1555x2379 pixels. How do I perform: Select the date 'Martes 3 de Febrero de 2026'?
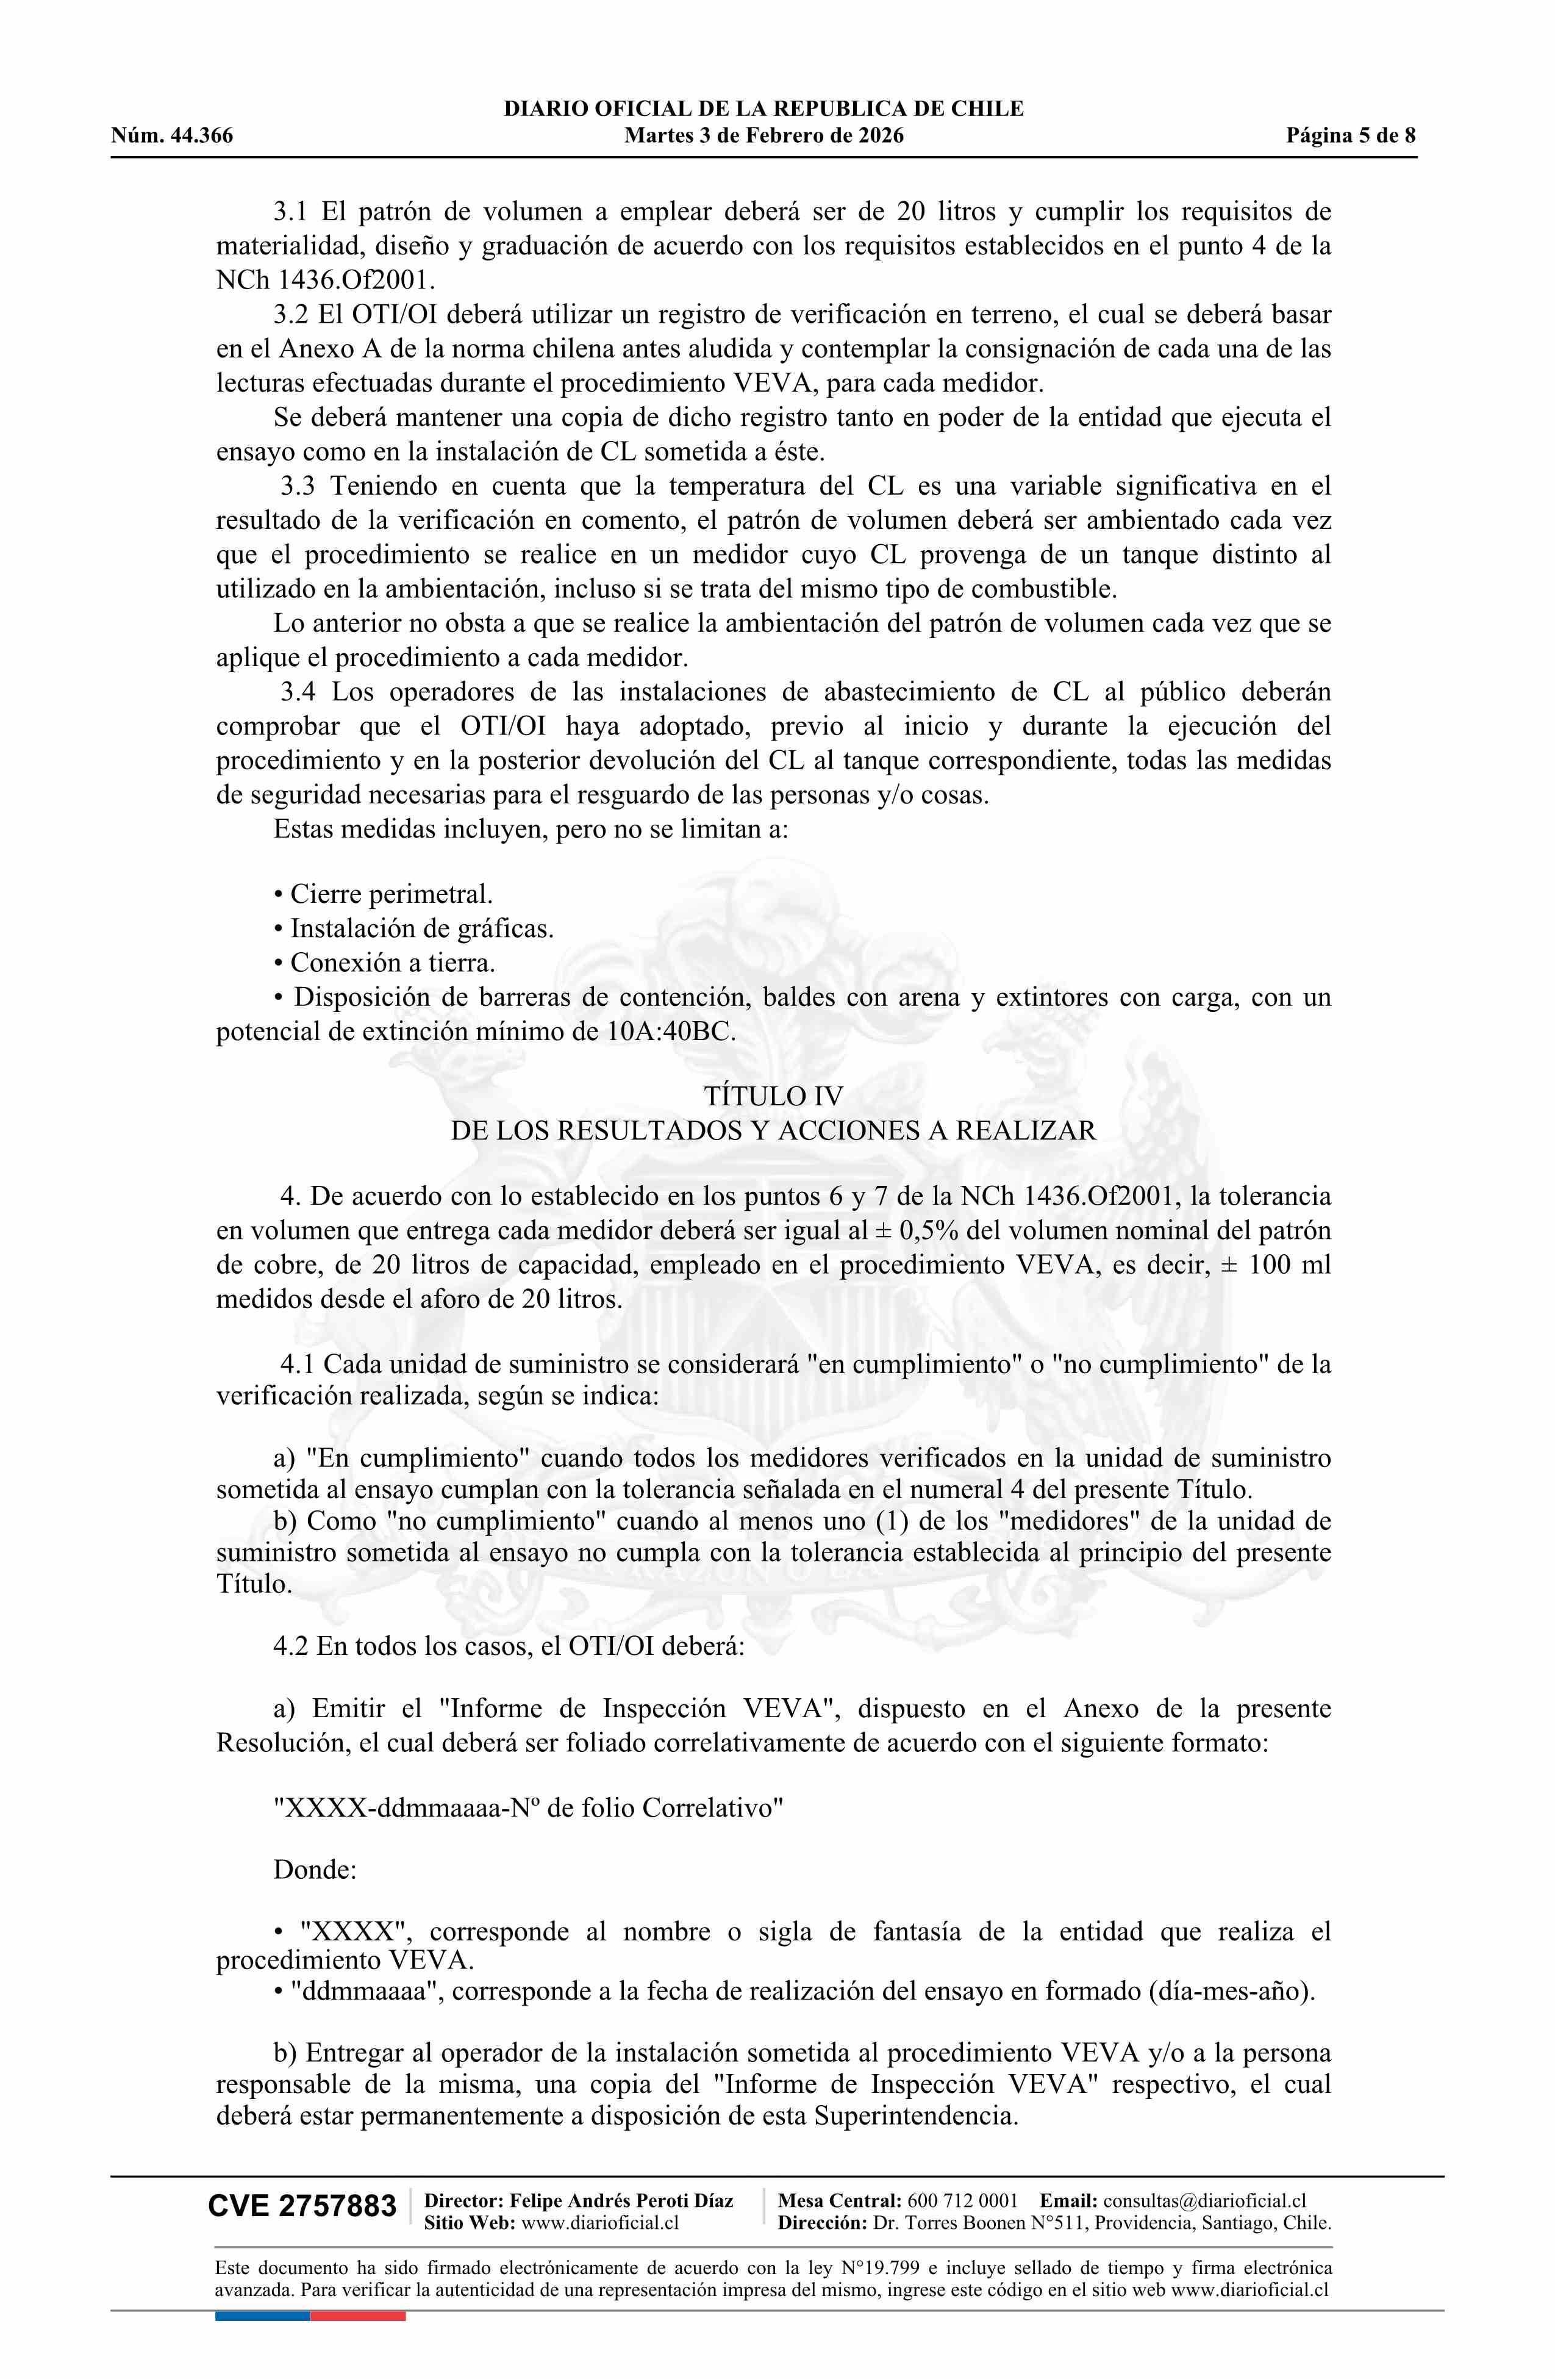pyautogui.click(x=763, y=136)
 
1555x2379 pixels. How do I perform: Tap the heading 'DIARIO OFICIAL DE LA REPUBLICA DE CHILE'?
pyautogui.click(x=763, y=109)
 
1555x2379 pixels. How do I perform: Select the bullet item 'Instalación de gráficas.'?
pyautogui.click(x=420, y=928)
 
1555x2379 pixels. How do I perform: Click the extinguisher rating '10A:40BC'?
pyautogui.click(x=670, y=1032)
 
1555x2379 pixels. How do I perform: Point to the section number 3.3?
pyautogui.click(x=298, y=487)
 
